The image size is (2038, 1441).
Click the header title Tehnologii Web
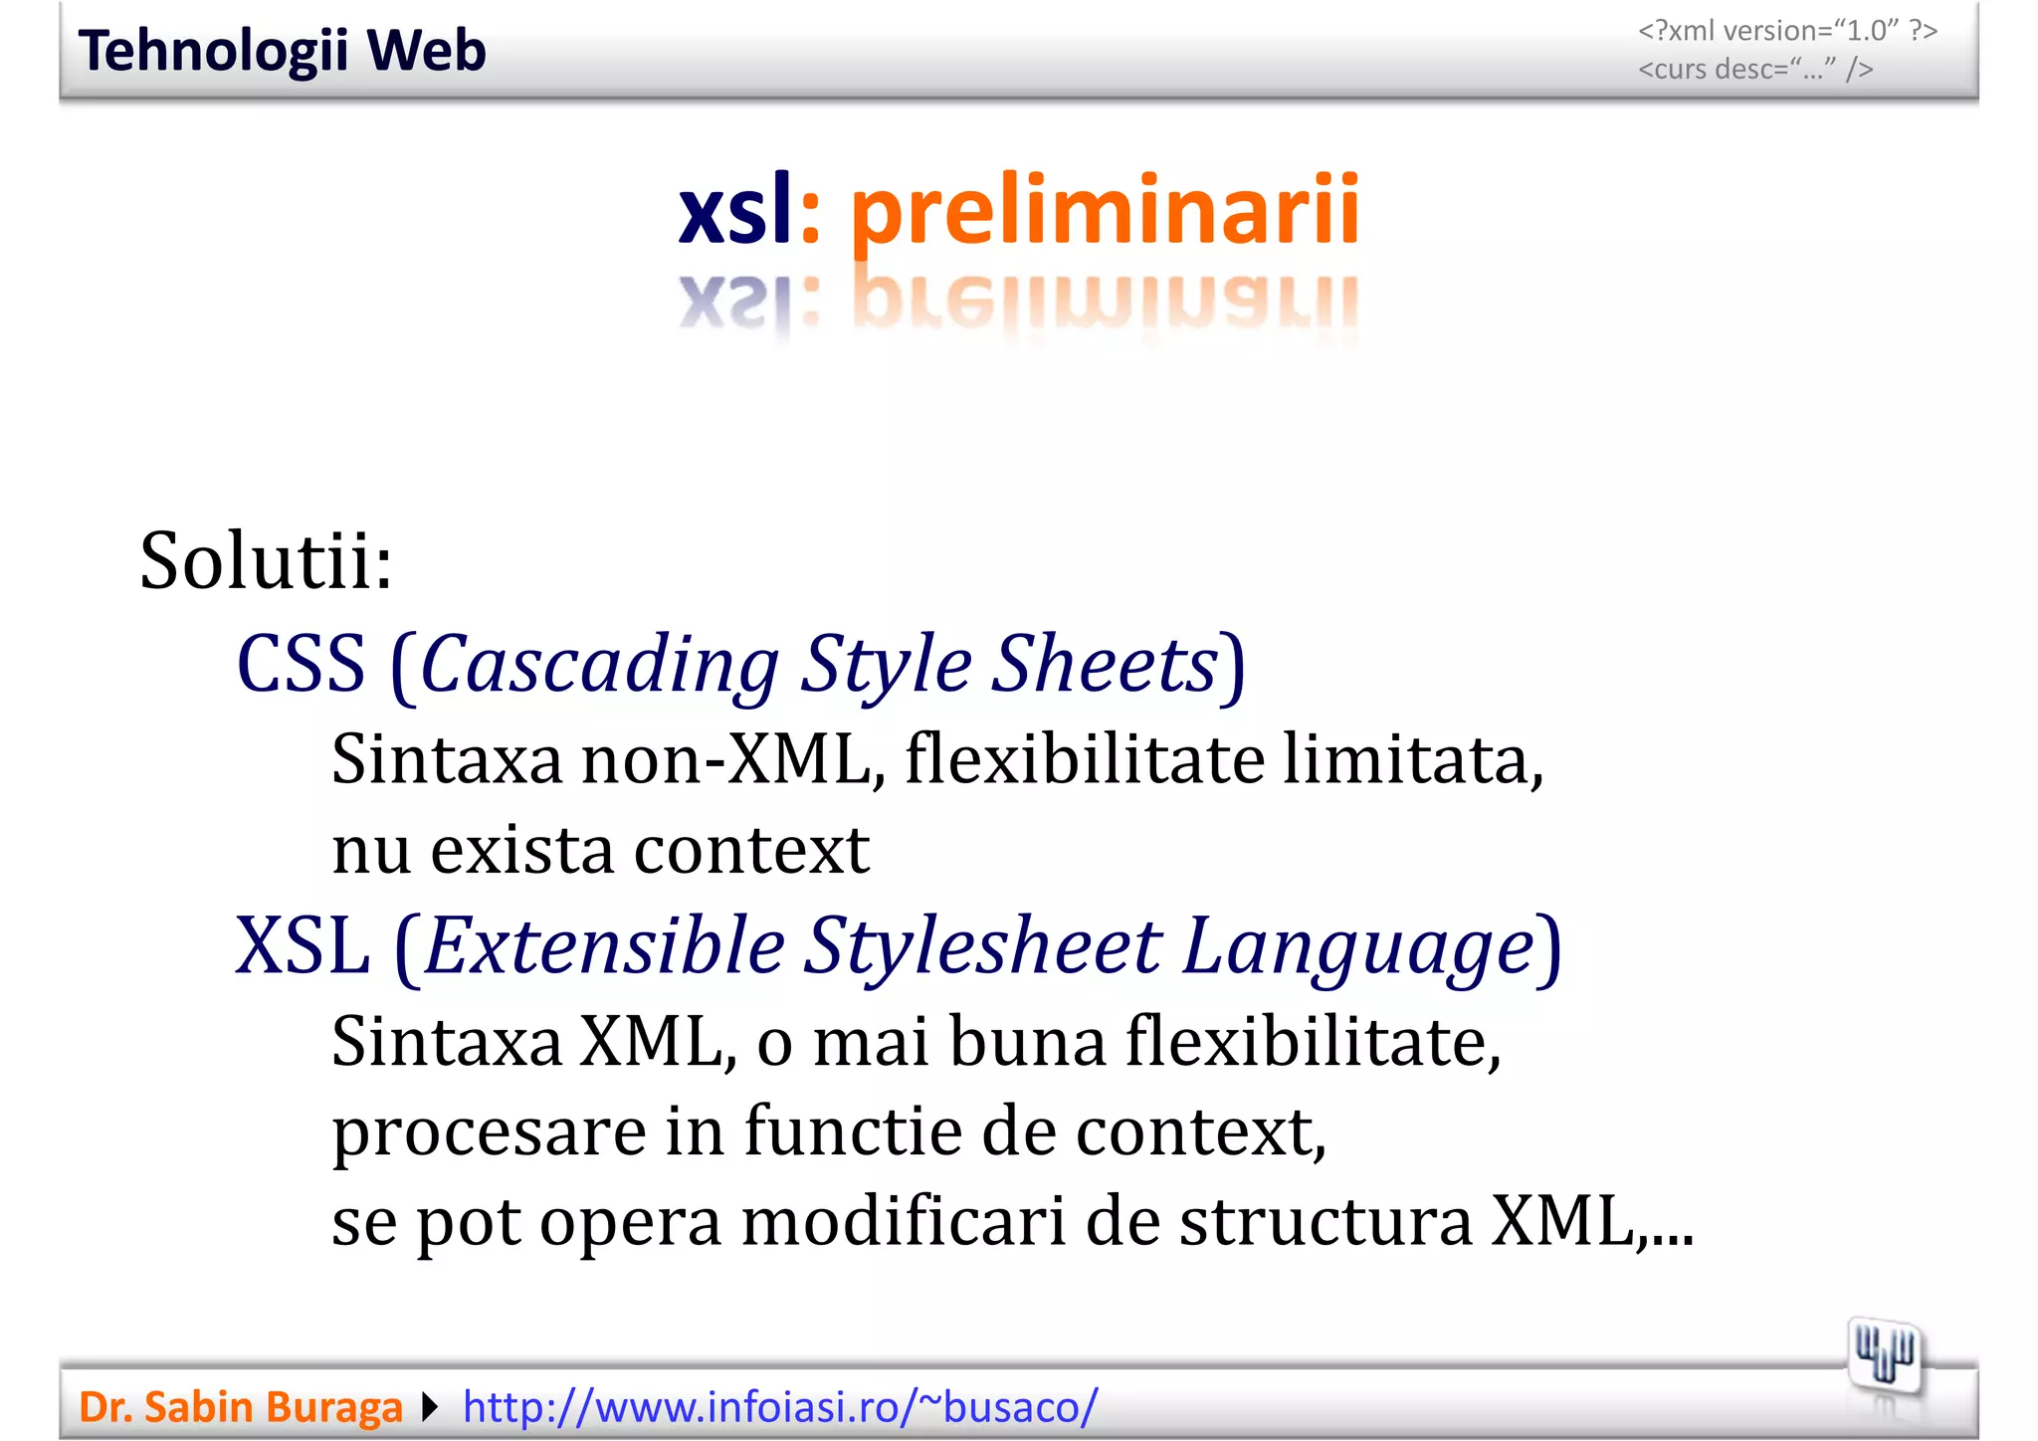tap(282, 51)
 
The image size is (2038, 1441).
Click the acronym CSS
tap(301, 664)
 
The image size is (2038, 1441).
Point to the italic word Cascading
tap(600, 664)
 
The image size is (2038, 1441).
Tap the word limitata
tap(1412, 759)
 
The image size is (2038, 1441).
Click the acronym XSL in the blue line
tap(303, 945)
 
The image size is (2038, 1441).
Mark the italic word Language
tap(1358, 945)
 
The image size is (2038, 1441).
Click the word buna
tap(1027, 1042)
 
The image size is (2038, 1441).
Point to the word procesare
tap(489, 1132)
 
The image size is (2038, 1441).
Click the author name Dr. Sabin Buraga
tap(241, 1407)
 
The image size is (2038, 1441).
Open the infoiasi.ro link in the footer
tap(780, 1407)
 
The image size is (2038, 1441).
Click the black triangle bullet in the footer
tap(430, 1407)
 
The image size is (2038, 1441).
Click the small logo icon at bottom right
tap(1884, 1355)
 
